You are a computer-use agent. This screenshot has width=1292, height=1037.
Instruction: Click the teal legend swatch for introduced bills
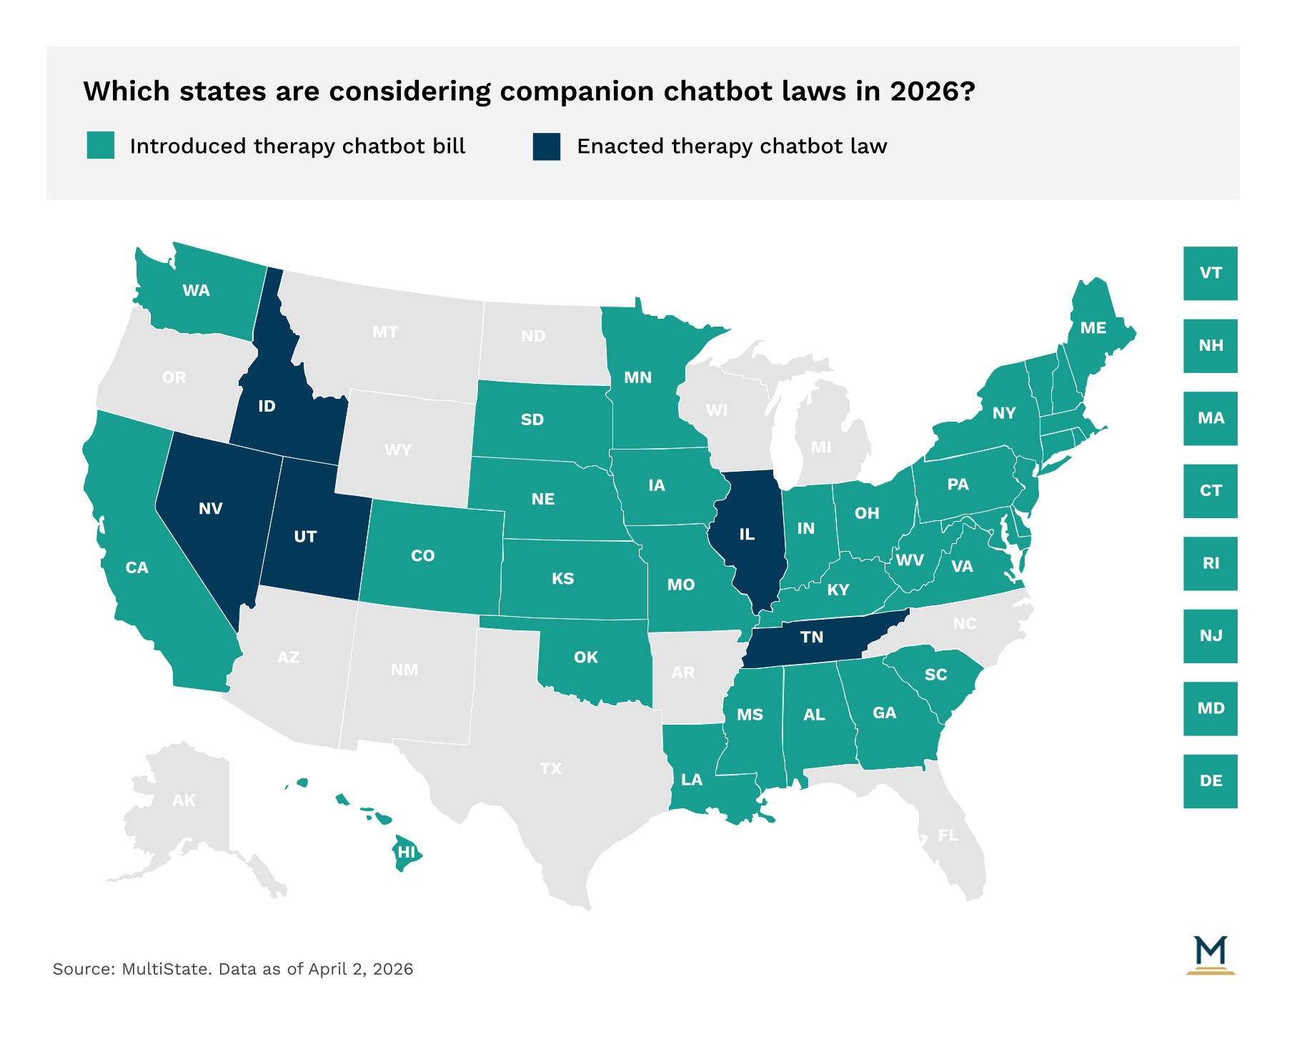coord(101,145)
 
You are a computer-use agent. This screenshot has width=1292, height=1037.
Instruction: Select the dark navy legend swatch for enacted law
coord(547,146)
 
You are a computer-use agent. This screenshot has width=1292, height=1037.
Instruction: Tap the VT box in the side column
coord(1210,273)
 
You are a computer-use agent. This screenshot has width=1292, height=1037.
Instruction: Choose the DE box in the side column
coord(1210,781)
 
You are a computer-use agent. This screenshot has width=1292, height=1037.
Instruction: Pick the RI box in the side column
coord(1210,563)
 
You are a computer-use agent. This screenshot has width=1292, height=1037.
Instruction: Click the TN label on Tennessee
coord(811,637)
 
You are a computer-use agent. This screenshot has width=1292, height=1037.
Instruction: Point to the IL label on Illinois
coord(746,535)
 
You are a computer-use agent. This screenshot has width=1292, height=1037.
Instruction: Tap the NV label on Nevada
coord(210,509)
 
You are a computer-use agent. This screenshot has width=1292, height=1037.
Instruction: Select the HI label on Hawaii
coord(406,852)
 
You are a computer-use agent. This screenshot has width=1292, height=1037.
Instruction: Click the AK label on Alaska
coord(184,800)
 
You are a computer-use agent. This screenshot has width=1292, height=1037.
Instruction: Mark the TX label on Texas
coord(550,769)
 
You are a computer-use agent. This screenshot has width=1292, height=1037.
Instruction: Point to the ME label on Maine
coord(1093,328)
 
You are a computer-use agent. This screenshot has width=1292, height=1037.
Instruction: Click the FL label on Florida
coord(948,835)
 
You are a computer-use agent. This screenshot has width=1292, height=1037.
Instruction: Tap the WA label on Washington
coord(196,291)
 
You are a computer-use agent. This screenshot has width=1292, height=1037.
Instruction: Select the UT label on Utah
coord(305,537)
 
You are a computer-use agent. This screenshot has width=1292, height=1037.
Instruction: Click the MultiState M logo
coord(1210,954)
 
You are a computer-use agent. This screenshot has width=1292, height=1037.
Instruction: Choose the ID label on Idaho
coord(267,407)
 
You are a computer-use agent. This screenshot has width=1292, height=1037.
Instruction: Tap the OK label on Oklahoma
coord(585,658)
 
